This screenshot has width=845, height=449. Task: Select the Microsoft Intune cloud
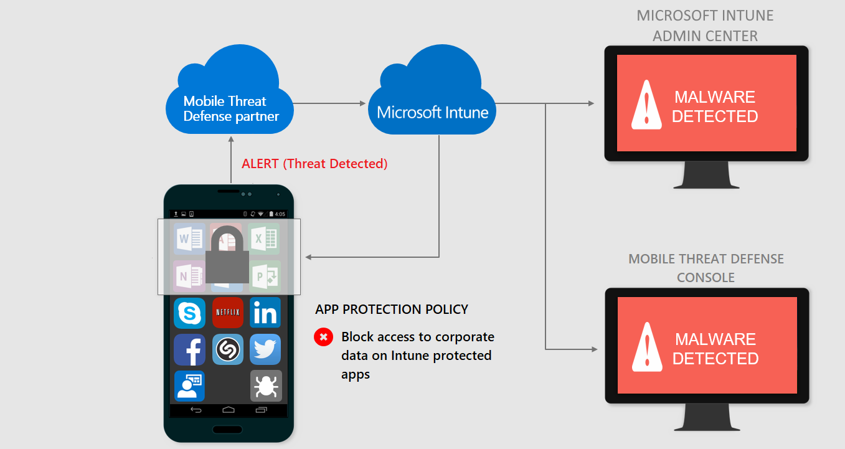point(432,103)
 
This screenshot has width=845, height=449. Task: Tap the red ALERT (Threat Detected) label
point(314,164)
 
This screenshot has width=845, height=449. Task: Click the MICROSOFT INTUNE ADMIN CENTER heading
point(705,26)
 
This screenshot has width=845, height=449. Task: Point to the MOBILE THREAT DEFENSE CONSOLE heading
point(706,268)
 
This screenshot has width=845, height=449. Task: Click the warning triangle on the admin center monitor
point(646,106)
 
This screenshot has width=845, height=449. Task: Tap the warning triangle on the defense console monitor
point(646,348)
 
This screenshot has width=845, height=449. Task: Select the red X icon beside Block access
point(323,338)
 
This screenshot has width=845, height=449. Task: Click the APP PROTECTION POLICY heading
point(392,310)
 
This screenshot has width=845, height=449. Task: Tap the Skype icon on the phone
point(190,313)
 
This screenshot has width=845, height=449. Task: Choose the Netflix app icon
point(228,313)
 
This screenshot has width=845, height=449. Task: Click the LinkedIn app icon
point(265,313)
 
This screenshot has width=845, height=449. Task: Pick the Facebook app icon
point(190,350)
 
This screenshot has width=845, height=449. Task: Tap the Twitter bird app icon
point(265,350)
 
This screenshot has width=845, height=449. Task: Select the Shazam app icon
point(228,350)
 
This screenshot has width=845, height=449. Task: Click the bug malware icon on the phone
point(266,386)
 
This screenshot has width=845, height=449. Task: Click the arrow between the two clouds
point(329,103)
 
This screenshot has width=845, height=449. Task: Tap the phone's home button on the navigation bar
point(229,410)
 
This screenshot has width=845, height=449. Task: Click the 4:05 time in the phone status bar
point(280,214)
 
